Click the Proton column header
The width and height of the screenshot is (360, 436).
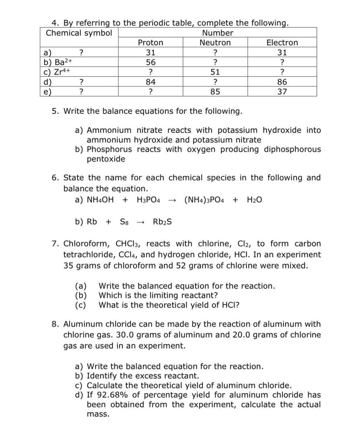[150, 43]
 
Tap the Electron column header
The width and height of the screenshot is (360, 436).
[282, 43]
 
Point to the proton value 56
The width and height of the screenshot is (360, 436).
[150, 62]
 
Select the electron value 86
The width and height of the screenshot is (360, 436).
[282, 82]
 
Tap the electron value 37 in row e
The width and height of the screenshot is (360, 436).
[282, 91]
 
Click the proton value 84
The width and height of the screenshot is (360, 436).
[150, 82]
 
